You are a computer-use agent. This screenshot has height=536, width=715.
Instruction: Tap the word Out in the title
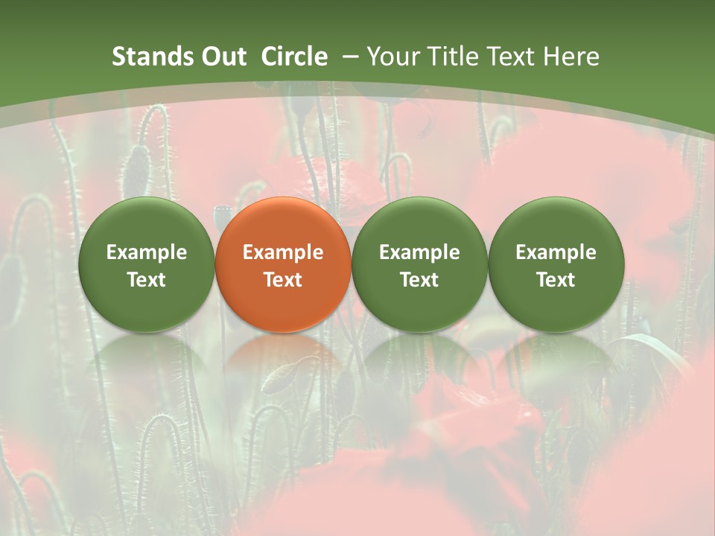pyautogui.click(x=222, y=57)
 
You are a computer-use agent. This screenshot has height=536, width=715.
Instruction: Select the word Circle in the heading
pyautogui.click(x=294, y=57)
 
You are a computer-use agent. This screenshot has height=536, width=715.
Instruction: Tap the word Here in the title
pyautogui.click(x=572, y=57)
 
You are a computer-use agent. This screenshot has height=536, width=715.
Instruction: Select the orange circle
pyautogui.click(x=283, y=265)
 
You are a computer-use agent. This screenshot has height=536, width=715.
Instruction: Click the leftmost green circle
pyautogui.click(x=146, y=265)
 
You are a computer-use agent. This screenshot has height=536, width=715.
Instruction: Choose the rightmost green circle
pyautogui.click(x=556, y=265)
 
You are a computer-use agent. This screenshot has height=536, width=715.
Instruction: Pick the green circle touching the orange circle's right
pyautogui.click(x=419, y=265)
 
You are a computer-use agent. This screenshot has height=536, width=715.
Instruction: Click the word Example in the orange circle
pyautogui.click(x=283, y=252)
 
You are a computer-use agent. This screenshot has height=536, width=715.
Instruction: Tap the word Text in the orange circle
pyautogui.click(x=283, y=280)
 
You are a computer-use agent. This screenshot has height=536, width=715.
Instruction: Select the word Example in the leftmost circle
pyautogui.click(x=146, y=252)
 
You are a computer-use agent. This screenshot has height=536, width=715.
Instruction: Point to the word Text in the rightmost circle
pyautogui.click(x=556, y=280)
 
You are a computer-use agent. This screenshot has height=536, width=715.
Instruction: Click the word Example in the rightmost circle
pyautogui.click(x=556, y=252)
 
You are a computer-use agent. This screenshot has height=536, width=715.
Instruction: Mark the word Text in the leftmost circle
pyautogui.click(x=146, y=280)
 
